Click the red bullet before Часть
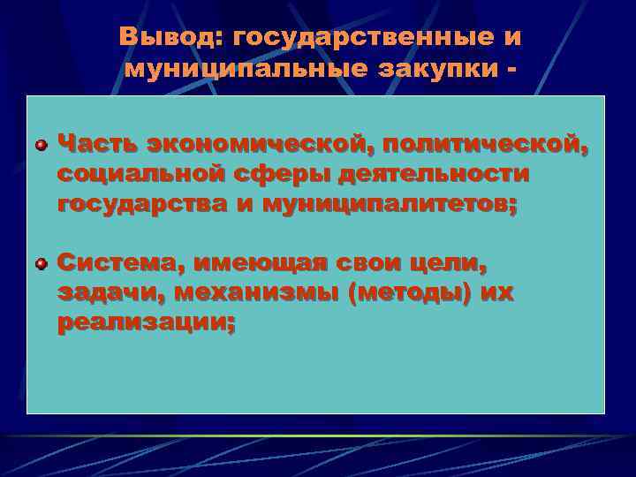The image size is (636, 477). (41, 144)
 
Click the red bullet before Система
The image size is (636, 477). (41, 263)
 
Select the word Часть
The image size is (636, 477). (97, 143)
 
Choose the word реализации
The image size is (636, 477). (146, 323)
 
